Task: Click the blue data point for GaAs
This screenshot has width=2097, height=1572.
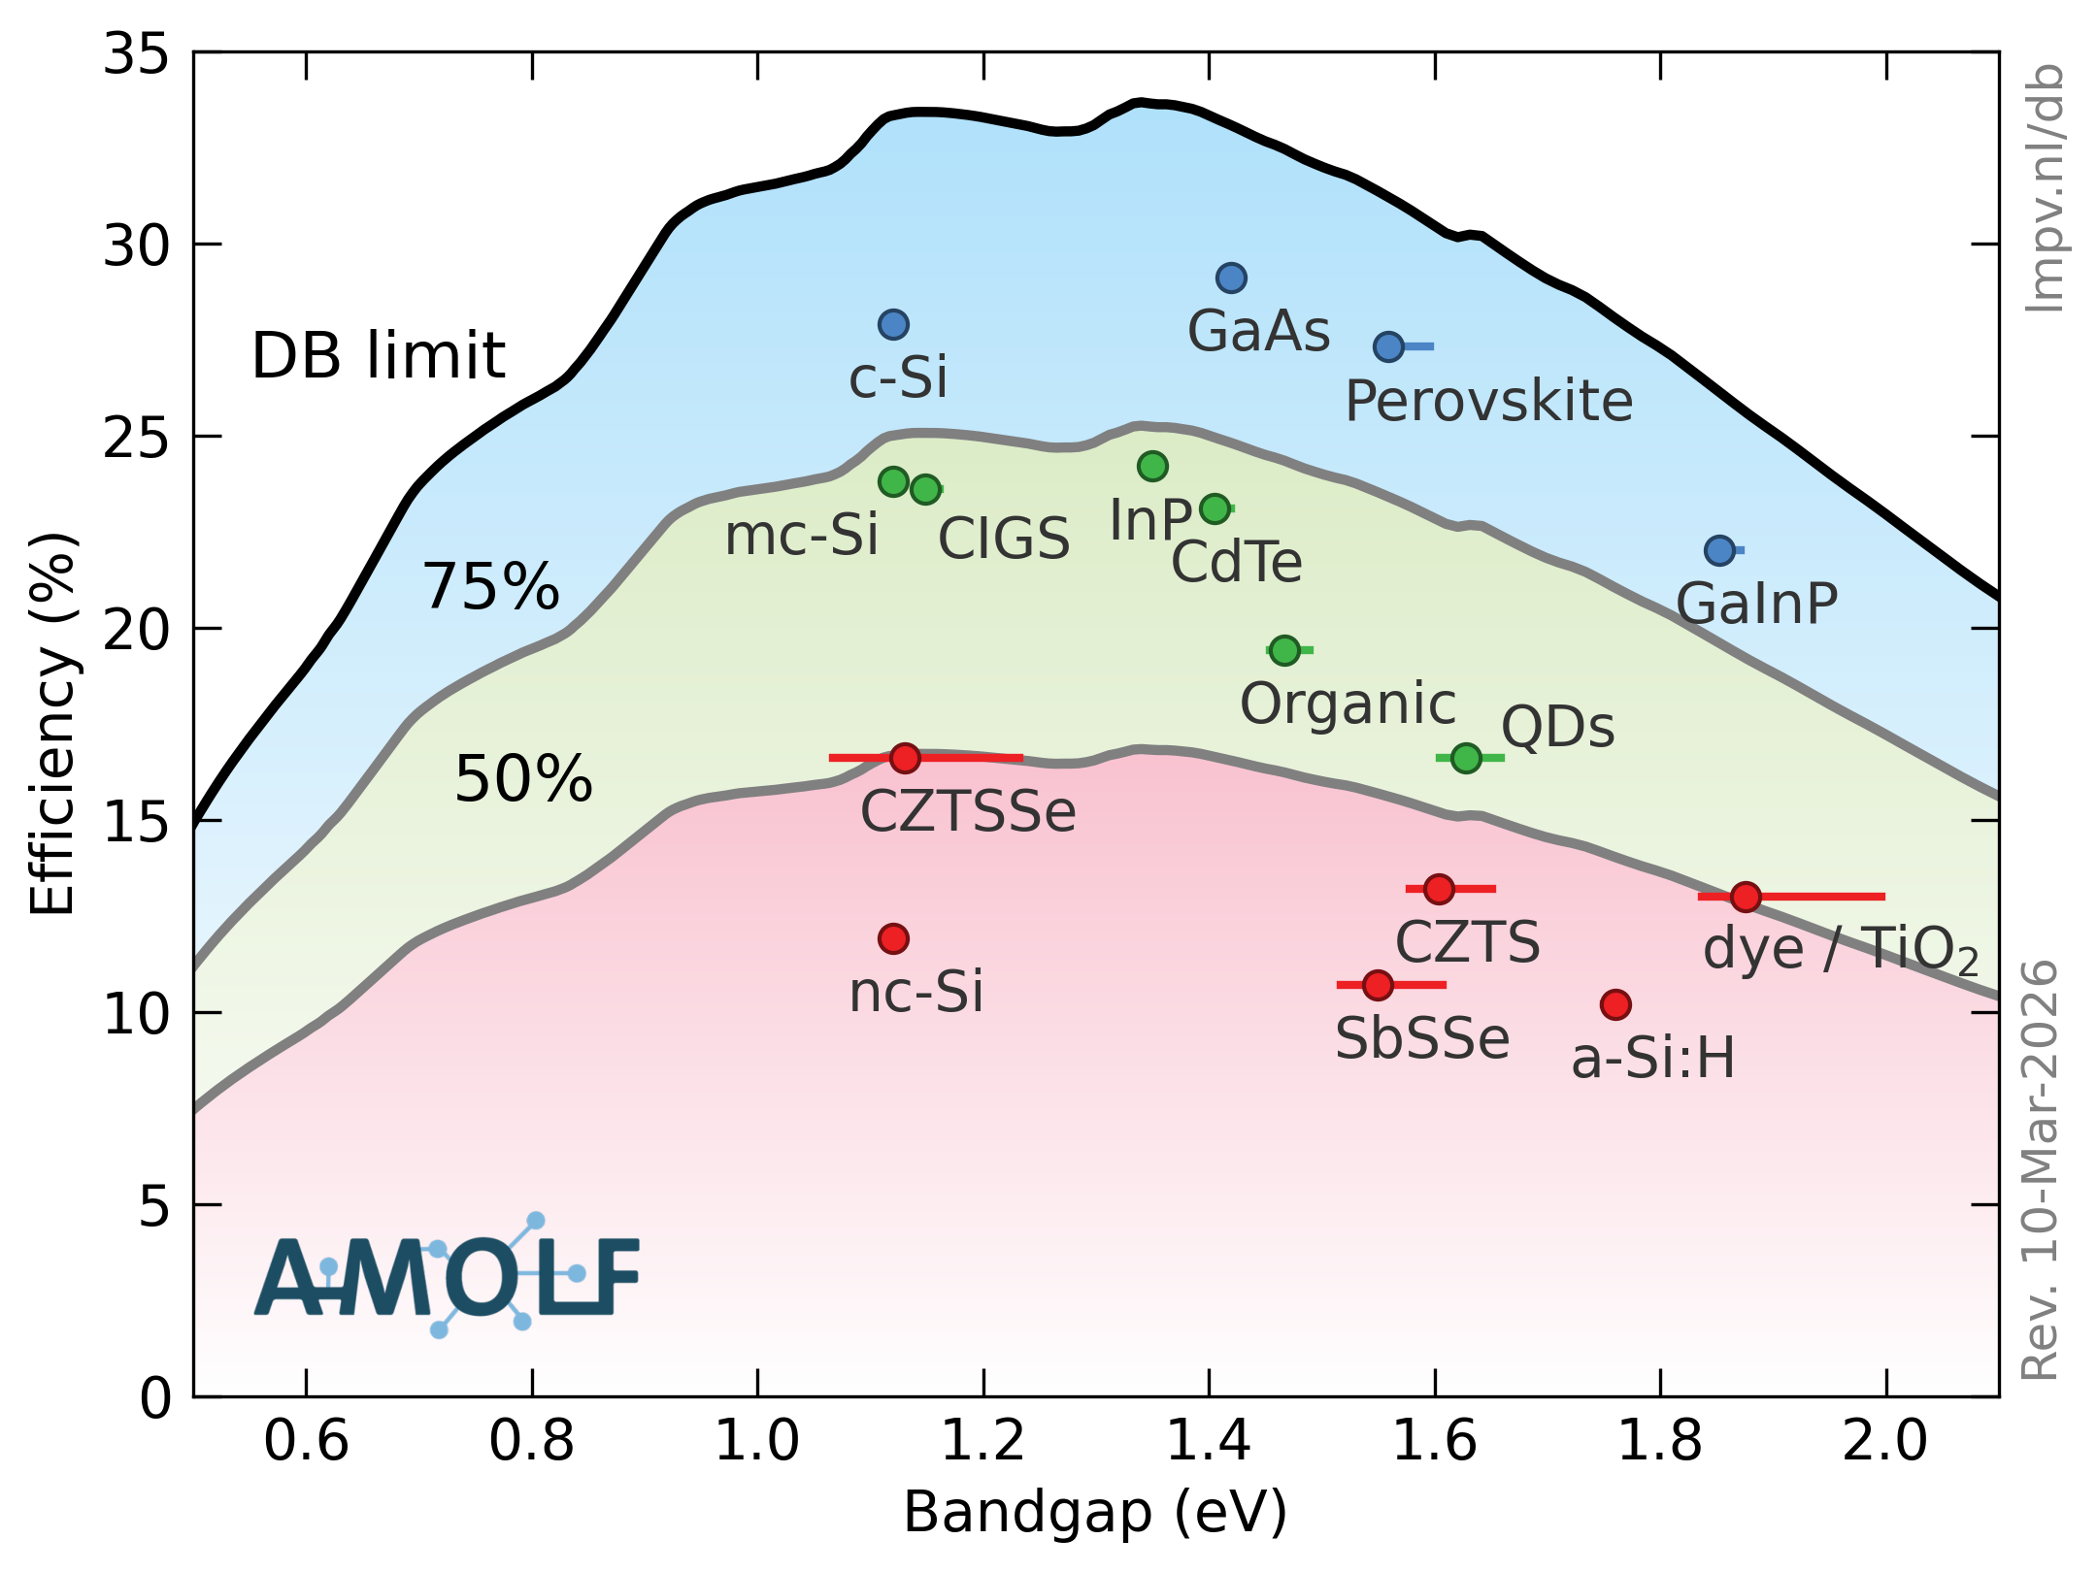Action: coord(1231,278)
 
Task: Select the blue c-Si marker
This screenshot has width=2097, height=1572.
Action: coord(893,324)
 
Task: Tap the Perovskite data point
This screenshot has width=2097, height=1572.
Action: coord(1388,346)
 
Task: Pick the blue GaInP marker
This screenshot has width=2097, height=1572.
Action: coord(1719,551)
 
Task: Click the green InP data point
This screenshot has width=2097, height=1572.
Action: coord(1152,467)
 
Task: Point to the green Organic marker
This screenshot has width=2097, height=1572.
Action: coord(1284,650)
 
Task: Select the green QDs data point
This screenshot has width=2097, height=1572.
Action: coord(1466,758)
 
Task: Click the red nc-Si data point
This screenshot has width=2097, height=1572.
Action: coord(893,938)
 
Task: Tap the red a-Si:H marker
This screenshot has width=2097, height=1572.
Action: coord(1615,1004)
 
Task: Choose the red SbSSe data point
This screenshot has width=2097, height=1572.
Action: coord(1378,985)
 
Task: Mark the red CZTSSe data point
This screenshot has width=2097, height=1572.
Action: coord(905,758)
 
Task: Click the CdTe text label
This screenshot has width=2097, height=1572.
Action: coord(1236,562)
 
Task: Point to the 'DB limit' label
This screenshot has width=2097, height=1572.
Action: coord(378,355)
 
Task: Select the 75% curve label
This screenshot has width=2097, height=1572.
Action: coord(490,587)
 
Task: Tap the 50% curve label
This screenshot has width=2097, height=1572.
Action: coord(523,779)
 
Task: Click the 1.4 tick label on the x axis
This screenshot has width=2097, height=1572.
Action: coord(1209,1440)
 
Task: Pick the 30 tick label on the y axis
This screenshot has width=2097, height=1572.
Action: coord(136,246)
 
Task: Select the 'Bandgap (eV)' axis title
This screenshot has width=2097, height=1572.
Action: coord(1095,1512)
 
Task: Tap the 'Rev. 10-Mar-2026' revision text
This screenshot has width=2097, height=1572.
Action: coord(2040,1170)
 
